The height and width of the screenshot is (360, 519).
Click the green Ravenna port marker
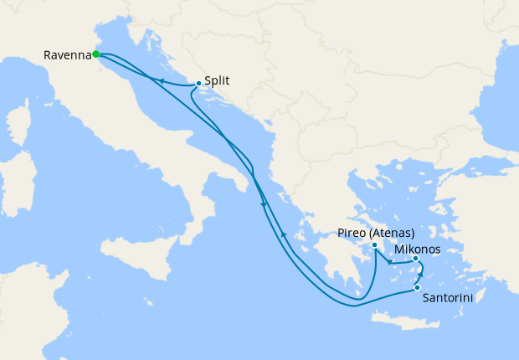point(96,54)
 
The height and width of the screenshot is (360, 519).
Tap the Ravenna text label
point(67,56)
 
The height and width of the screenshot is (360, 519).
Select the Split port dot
point(198,83)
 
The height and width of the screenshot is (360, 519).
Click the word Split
point(217,81)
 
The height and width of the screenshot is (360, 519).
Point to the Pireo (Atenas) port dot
point(374,245)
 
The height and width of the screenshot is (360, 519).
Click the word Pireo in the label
point(352,233)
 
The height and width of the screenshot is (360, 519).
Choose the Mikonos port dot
point(416,259)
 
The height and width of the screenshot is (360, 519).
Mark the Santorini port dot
point(417,288)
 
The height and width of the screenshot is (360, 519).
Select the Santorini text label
point(452,297)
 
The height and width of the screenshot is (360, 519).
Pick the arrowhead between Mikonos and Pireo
point(390,264)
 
